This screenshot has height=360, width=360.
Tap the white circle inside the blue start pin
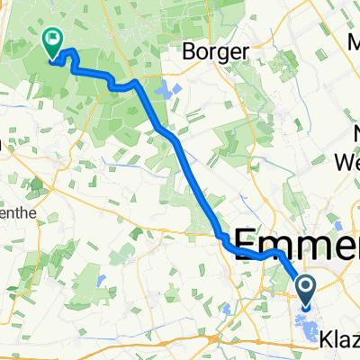pos(306,288)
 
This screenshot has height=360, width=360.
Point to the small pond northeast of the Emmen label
pos(339,225)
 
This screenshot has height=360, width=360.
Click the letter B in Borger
pos(190,51)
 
